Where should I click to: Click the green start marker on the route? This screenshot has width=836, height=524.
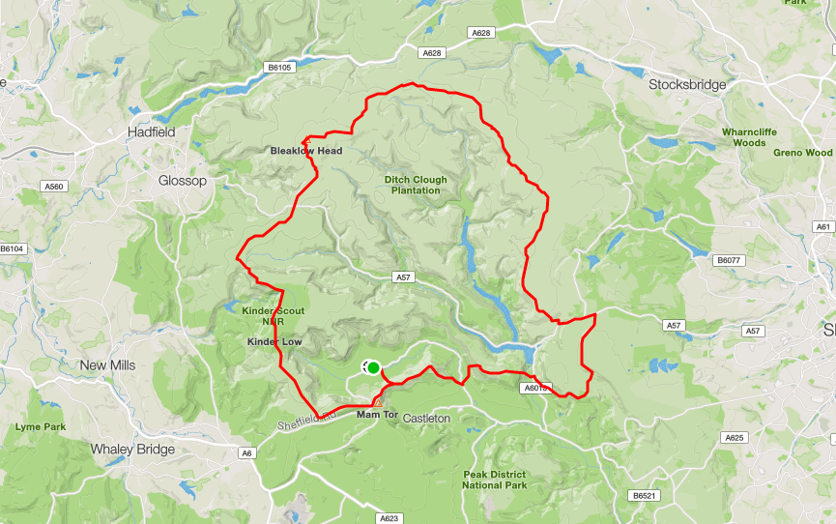pos(373,366)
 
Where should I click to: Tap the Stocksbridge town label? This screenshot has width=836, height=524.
pos(687,85)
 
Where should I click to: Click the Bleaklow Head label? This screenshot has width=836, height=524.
pos(305,151)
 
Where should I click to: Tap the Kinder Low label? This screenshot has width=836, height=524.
pos(275,342)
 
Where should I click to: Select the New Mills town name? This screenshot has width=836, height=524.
pos(107,365)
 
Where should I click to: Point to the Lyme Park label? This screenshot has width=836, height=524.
pos(40,426)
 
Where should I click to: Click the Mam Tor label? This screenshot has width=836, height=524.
pos(377,415)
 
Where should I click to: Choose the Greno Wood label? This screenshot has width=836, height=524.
pos(802,153)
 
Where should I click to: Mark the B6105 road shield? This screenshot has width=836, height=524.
pos(279,68)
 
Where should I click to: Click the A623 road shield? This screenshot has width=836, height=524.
pos(389,518)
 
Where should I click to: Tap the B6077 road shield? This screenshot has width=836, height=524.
pos(726,260)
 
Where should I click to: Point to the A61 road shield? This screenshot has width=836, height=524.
pos(823,227)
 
